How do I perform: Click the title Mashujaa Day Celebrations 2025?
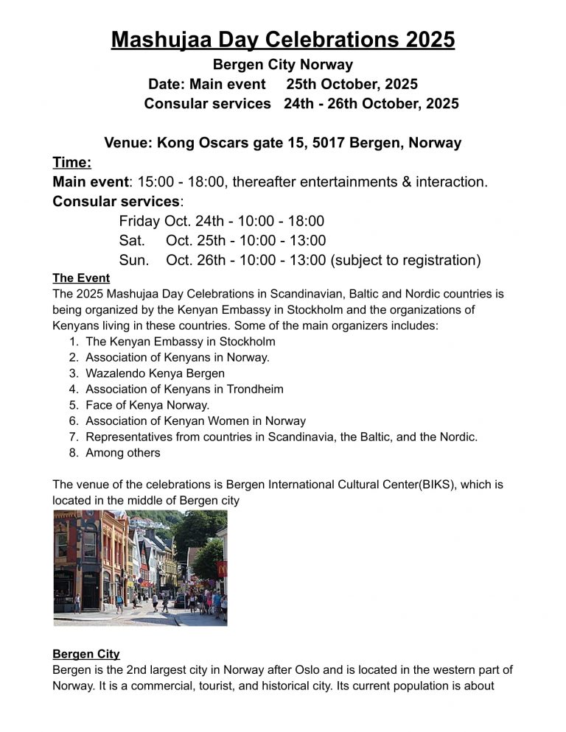point(283,38)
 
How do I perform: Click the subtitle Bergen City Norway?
point(283,65)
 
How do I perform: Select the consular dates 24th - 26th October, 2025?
point(371,104)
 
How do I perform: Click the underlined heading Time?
point(71,162)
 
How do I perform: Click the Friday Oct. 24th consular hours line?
point(221,221)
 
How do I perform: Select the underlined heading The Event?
point(81,278)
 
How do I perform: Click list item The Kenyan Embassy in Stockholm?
point(181,342)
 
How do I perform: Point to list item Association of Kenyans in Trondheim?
point(184,389)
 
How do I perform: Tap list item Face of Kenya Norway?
point(147,405)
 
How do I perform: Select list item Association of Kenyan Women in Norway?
point(195,421)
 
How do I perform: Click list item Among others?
point(122,453)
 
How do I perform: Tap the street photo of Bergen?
point(140,568)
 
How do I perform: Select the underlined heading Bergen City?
point(86,654)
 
